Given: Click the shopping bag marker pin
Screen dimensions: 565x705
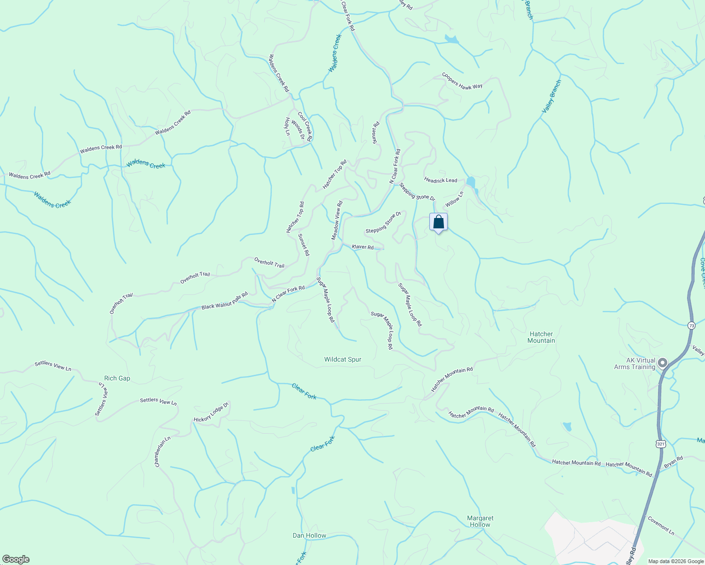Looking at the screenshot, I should [x=438, y=222].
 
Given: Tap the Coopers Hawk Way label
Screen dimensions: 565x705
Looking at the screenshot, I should [x=462, y=81].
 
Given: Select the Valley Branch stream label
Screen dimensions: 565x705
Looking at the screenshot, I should [x=551, y=96].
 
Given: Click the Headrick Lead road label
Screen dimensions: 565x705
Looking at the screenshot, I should [x=441, y=180].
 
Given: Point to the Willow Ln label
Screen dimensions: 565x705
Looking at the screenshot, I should [x=455, y=199].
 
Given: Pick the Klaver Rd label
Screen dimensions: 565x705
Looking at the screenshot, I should [x=362, y=247].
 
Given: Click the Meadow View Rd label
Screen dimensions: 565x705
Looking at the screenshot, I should [x=337, y=220].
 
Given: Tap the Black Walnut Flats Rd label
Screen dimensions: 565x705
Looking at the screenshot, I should [x=224, y=301].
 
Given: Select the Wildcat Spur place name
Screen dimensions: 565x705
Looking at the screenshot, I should [x=343, y=359].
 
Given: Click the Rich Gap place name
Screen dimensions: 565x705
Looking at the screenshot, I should [x=117, y=378].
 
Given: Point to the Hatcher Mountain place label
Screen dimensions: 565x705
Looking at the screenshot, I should [x=541, y=337].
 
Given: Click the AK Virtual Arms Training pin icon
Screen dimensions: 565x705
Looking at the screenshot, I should [x=663, y=363].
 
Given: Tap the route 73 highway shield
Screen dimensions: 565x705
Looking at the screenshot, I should [x=691, y=325].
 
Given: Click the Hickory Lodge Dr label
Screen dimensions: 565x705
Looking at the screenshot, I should [x=211, y=412].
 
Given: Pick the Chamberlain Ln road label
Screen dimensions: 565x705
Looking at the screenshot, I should [x=162, y=452].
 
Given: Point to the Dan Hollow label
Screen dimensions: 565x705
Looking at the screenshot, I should [x=309, y=535].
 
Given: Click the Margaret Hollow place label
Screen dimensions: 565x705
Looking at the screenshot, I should [x=480, y=521].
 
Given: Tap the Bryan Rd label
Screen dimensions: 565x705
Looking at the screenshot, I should [x=673, y=462].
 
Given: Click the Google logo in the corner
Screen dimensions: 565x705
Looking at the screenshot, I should [x=16, y=559].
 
